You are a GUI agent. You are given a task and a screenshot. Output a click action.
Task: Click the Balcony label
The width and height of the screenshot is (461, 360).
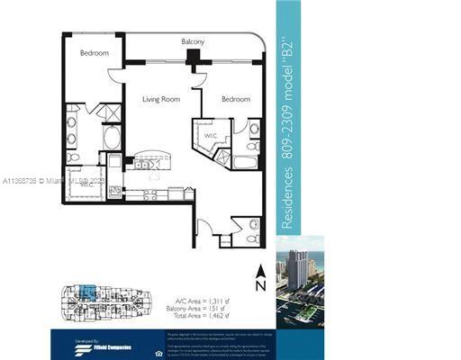pyautogui.click(x=193, y=42)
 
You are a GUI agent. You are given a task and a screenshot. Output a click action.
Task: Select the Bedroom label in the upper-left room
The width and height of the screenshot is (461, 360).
pyautogui.click(x=95, y=53)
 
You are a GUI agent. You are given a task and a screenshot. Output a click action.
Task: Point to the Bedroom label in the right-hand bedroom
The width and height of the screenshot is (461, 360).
pyautogui.click(x=235, y=98)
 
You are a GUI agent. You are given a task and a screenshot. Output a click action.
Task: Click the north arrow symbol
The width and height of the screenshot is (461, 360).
pyautogui.click(x=260, y=269)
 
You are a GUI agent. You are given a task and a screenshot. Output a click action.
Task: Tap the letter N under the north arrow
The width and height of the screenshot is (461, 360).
pyautogui.click(x=260, y=286)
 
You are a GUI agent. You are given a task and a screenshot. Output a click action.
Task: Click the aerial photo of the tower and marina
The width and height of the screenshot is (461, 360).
pyautogui.click(x=299, y=278)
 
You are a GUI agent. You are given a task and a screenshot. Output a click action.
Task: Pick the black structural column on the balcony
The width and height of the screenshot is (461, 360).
pyautogui.click(x=193, y=57)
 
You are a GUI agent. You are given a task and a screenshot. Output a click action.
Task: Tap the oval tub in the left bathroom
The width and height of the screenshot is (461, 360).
pyautogui.click(x=113, y=137)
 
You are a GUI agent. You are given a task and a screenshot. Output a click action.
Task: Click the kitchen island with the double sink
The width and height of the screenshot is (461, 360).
pyautogui.click(x=144, y=164)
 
